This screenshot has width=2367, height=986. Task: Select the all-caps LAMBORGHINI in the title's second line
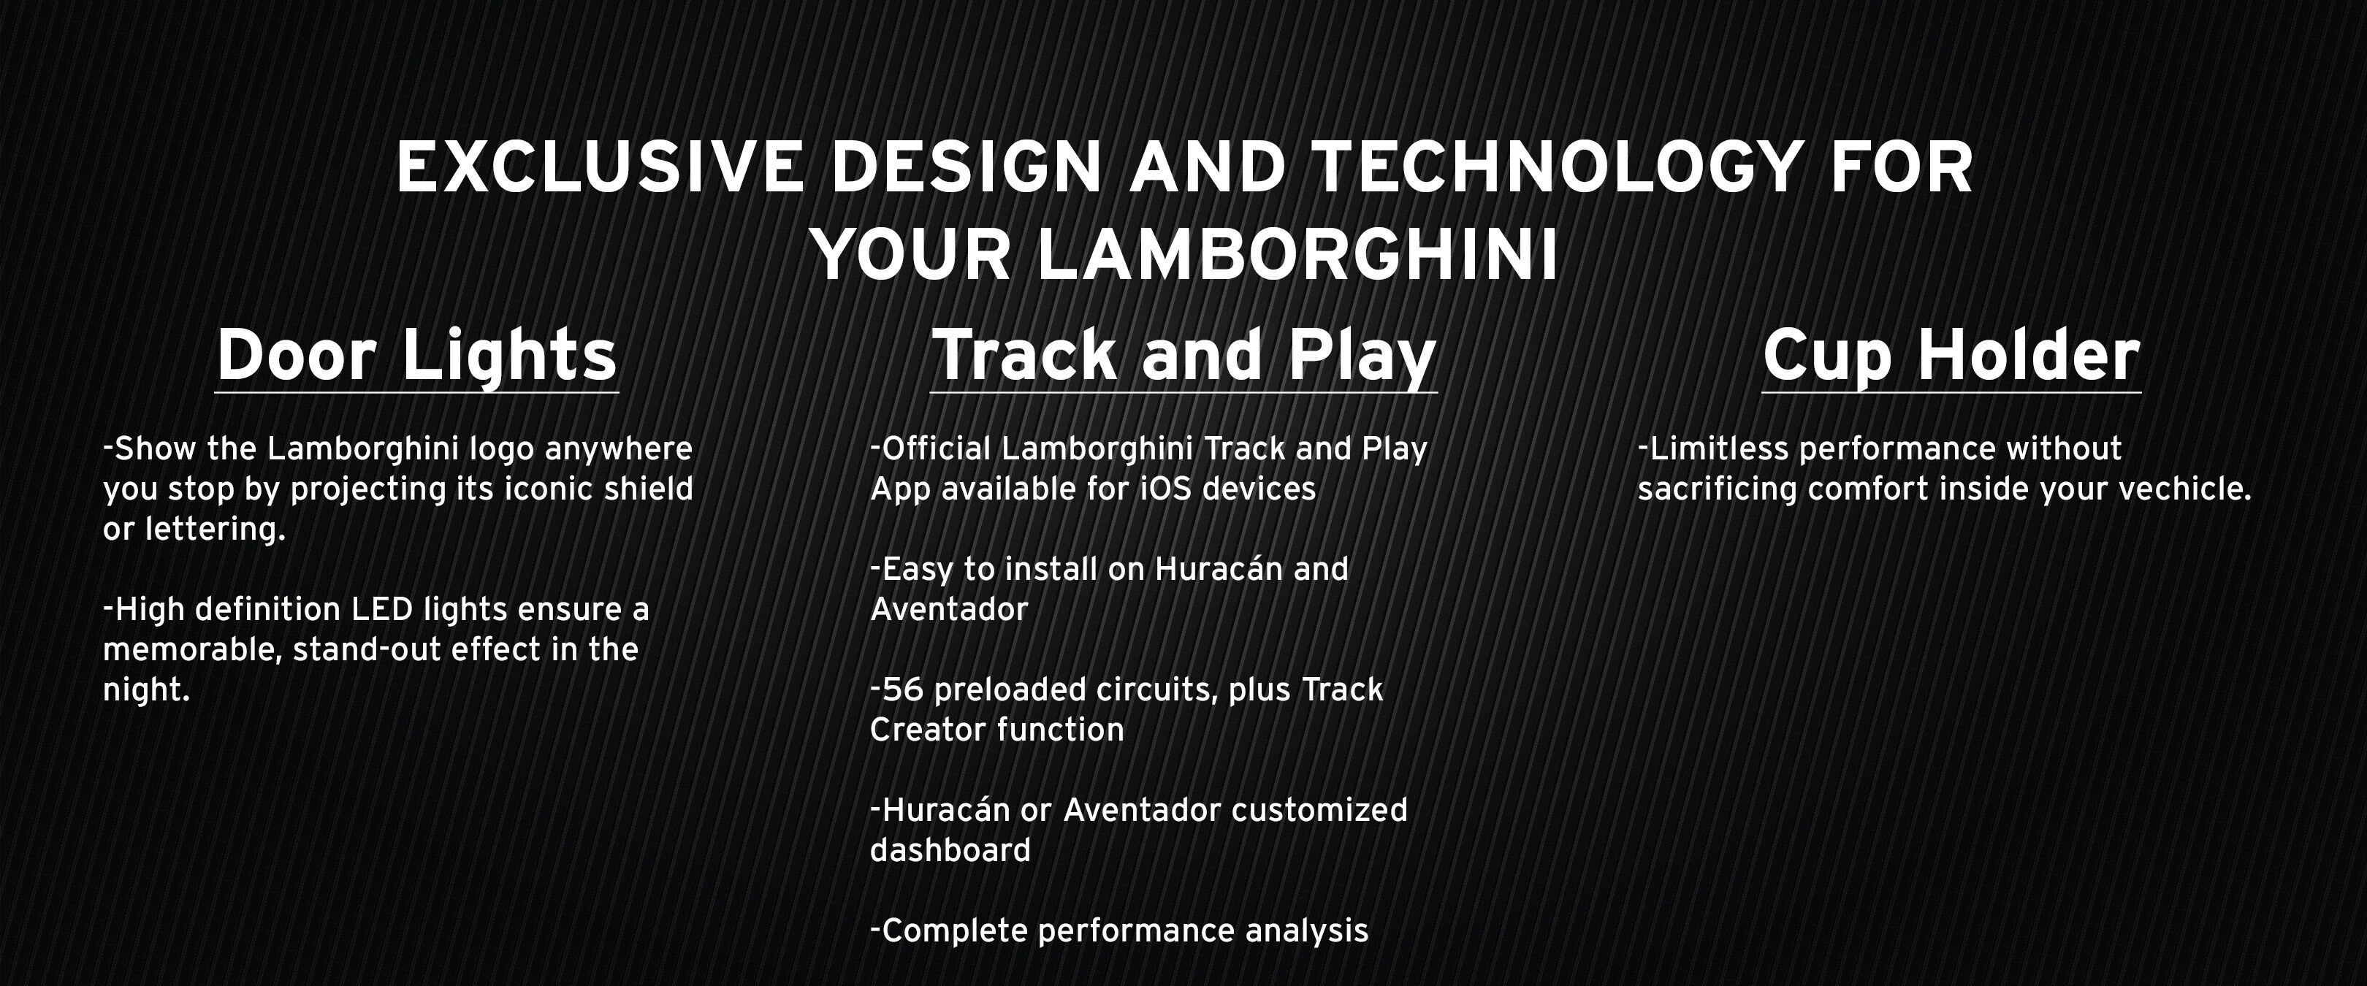click(x=1297, y=255)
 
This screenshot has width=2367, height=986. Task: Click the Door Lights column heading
click(x=416, y=356)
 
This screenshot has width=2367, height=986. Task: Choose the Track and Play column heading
click(x=1183, y=356)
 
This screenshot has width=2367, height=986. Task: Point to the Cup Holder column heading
click(x=1951, y=356)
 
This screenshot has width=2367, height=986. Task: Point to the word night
click(x=146, y=690)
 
